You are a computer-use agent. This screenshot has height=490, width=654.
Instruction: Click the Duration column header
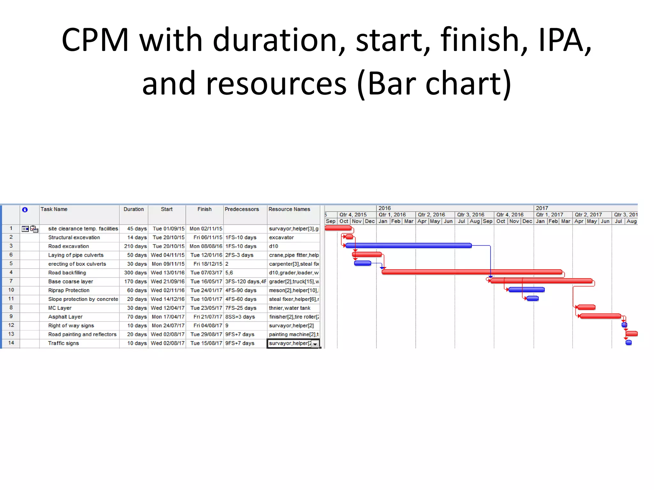tap(133, 209)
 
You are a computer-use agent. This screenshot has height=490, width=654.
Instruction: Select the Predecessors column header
tap(242, 209)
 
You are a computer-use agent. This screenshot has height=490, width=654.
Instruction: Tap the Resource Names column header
tap(289, 209)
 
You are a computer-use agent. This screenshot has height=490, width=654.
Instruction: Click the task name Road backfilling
tap(67, 273)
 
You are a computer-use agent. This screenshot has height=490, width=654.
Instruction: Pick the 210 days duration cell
tap(135, 246)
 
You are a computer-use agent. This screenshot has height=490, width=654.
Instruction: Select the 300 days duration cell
tap(135, 273)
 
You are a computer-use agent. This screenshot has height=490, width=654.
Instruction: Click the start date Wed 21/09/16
tap(168, 281)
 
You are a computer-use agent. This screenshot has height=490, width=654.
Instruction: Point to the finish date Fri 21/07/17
tap(208, 317)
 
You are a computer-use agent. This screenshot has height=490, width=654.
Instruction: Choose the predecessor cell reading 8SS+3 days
tap(240, 317)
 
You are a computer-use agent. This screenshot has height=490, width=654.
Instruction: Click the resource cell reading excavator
tap(281, 237)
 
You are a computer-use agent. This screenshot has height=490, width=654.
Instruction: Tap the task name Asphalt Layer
tap(65, 317)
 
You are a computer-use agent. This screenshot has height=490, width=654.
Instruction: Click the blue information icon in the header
tap(25, 210)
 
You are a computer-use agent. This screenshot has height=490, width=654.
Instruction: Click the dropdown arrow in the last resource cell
tap(315, 344)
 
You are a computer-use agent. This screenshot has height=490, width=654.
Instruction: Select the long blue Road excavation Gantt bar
tap(408, 246)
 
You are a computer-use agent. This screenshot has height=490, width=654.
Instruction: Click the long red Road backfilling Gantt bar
tap(472, 272)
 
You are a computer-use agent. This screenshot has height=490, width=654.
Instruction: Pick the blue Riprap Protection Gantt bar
tap(526, 290)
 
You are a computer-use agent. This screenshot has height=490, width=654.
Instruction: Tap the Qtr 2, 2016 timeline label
tap(431, 215)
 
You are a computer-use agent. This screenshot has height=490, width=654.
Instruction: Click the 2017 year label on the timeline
tap(542, 208)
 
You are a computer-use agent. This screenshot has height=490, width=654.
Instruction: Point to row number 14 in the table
tap(11, 343)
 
